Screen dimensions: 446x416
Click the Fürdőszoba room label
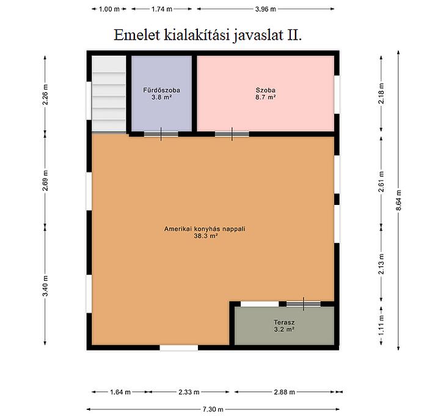coord(161,91)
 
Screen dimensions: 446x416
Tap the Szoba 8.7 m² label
coord(265,94)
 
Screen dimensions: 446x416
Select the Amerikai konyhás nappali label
coord(205,229)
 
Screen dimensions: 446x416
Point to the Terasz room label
coord(284,322)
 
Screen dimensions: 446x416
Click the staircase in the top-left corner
coord(109,94)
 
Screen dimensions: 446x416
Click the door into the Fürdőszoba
coord(161,134)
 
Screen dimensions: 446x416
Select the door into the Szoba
coord(232,134)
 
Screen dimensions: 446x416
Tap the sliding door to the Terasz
coord(304,304)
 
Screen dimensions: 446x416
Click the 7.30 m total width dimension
coord(213,409)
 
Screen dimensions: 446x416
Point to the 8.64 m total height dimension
coord(398,200)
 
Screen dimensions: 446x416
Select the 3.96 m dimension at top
coord(265,9)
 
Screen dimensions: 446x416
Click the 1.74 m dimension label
coord(161,9)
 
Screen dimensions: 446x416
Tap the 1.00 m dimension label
coord(109,9)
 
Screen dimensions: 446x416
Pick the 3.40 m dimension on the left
coord(45,286)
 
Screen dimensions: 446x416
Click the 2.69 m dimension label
coord(45,180)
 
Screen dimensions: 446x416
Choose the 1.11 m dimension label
coord(381,325)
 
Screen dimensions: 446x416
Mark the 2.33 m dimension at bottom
coord(189,392)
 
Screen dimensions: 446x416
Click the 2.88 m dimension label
coord(285,392)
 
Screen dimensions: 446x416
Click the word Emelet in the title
coord(136,35)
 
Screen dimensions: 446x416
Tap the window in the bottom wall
coord(178,347)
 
